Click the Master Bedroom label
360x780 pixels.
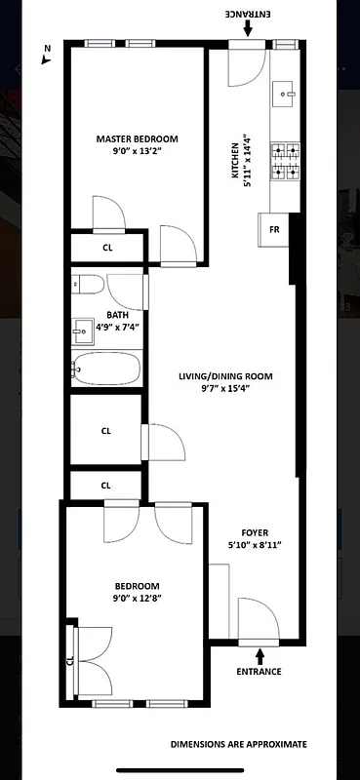pyautogui.click(x=137, y=139)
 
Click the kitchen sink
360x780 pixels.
pyautogui.click(x=286, y=96)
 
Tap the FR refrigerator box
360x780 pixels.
pyautogui.click(x=274, y=231)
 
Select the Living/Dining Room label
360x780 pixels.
pyautogui.click(x=225, y=376)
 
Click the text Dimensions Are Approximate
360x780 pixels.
pyautogui.click(x=238, y=744)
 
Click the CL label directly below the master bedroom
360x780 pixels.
pyautogui.click(x=107, y=248)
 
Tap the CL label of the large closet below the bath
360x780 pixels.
pyautogui.click(x=105, y=430)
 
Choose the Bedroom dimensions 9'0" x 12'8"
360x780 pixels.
pyautogui.click(x=136, y=599)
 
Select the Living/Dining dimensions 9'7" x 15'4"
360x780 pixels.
pyautogui.click(x=225, y=389)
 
